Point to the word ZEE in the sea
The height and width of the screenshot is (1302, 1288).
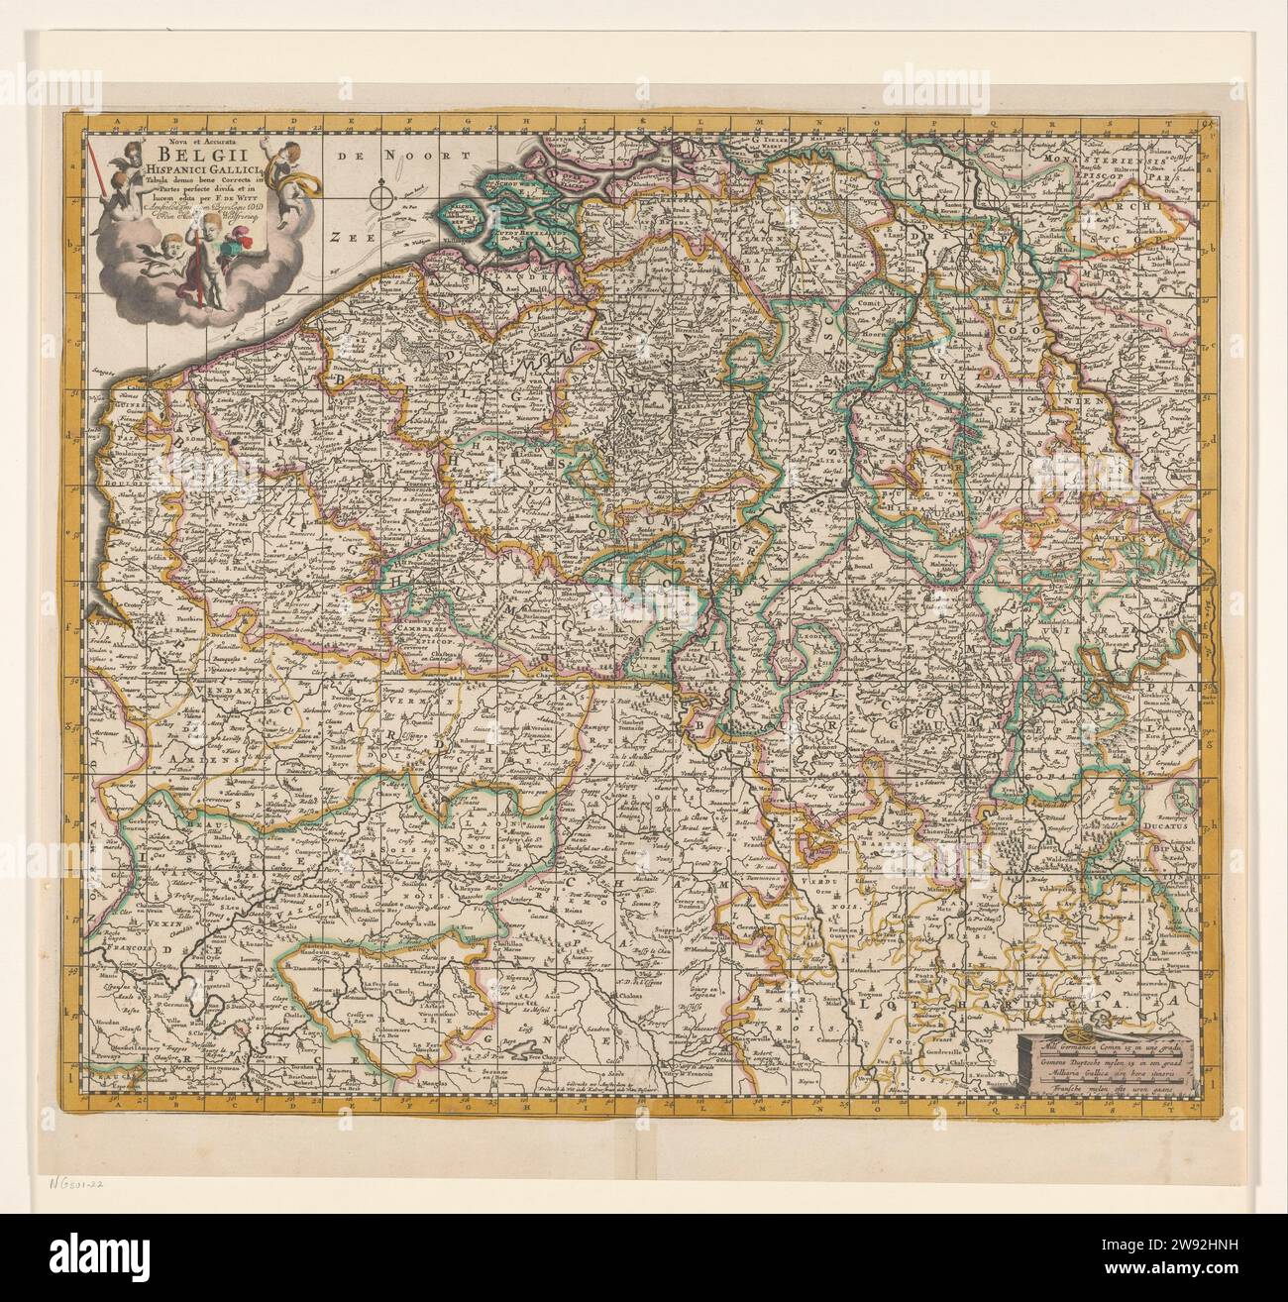point(347,238)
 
